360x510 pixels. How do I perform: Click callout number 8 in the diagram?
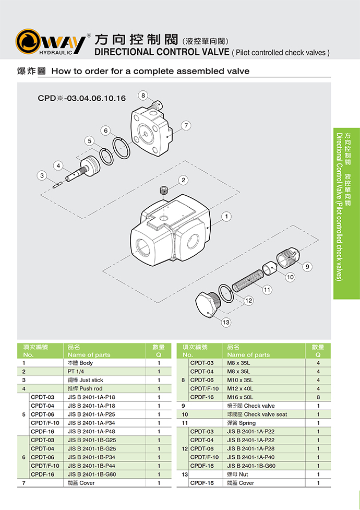click(x=143, y=96)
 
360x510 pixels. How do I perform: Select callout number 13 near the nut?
click(x=226, y=322)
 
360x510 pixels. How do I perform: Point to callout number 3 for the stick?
click(x=42, y=176)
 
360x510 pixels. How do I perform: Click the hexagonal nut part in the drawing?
click(x=206, y=305)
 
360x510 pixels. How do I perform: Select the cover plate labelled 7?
click(x=152, y=134)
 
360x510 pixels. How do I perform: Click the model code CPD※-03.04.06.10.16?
click(x=81, y=98)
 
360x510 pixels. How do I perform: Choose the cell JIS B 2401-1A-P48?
click(x=91, y=432)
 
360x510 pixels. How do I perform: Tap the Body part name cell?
click(x=80, y=363)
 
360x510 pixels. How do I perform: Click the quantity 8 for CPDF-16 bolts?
click(x=318, y=397)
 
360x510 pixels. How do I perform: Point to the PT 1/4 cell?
click(x=76, y=371)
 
